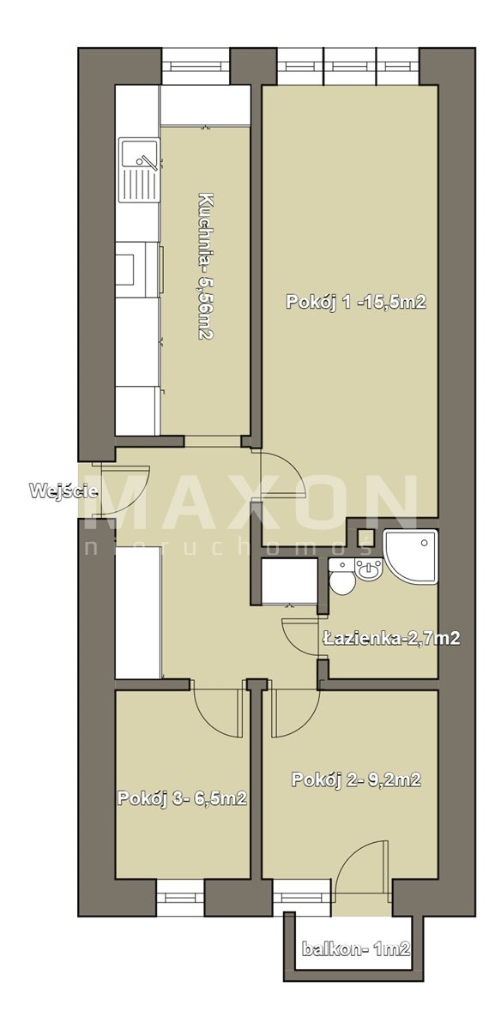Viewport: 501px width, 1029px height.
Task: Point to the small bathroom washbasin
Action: (x=369, y=570)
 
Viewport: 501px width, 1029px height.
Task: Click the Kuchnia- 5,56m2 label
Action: (x=205, y=267)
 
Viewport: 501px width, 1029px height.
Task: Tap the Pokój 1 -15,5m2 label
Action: (x=356, y=302)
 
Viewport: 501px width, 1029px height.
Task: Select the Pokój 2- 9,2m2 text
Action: (x=356, y=779)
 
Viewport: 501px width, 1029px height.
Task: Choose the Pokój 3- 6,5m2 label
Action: (x=182, y=798)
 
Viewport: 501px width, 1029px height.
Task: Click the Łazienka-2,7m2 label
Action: (x=390, y=638)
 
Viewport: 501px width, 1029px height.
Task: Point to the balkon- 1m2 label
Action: (x=356, y=948)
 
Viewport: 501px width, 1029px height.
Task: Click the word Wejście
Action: (x=63, y=490)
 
